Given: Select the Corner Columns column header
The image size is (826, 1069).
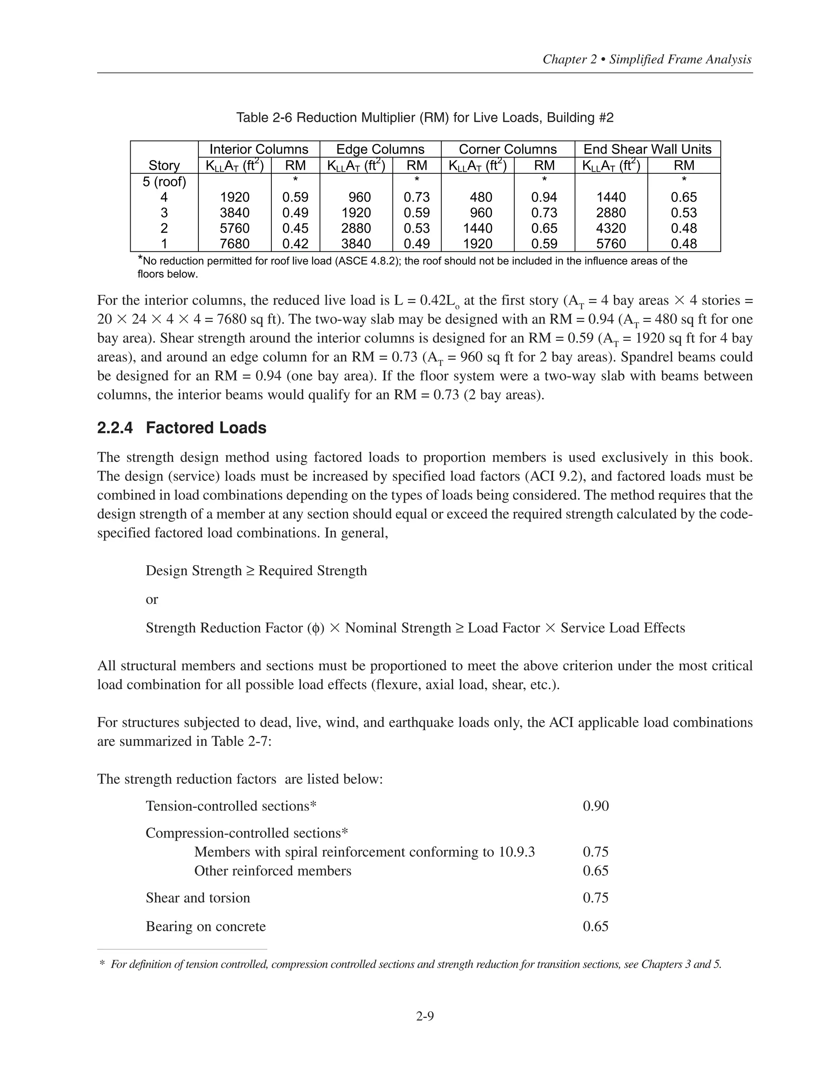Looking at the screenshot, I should pyautogui.click(x=507, y=149).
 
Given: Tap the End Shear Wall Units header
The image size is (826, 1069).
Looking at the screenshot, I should pyautogui.click(x=647, y=149).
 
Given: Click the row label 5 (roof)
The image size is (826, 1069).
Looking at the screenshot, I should pyautogui.click(x=165, y=182).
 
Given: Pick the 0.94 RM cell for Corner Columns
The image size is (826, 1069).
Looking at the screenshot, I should pyautogui.click(x=544, y=197).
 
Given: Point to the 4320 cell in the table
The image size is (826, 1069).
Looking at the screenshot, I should pyautogui.click(x=611, y=228).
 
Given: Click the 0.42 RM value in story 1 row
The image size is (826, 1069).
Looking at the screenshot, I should pyautogui.click(x=295, y=244).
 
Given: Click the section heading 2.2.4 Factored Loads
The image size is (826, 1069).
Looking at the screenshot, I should pyautogui.click(x=181, y=428).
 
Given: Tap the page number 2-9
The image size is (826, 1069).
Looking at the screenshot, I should pyautogui.click(x=425, y=1017).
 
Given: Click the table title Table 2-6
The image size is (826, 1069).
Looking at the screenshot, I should pyautogui.click(x=424, y=117).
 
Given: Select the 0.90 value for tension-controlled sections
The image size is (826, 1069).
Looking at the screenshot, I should pyautogui.click(x=596, y=806).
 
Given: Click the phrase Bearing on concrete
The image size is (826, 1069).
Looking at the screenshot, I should pyautogui.click(x=206, y=927).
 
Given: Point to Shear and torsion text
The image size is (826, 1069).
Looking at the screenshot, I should pyautogui.click(x=198, y=898).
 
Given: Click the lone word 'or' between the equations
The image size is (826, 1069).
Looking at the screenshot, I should pyautogui.click(x=152, y=599).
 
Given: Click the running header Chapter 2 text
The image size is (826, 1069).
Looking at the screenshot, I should pyautogui.click(x=647, y=60).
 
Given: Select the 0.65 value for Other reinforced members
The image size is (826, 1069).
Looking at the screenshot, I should pyautogui.click(x=596, y=871).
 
